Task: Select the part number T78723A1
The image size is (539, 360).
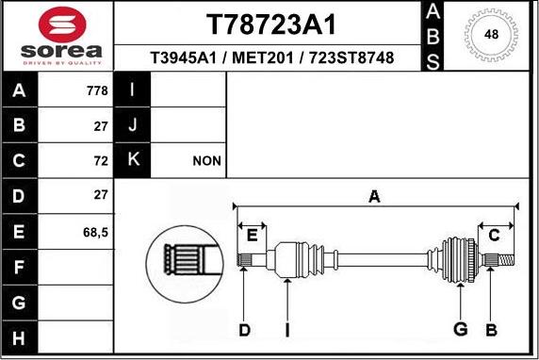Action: (x=270, y=24)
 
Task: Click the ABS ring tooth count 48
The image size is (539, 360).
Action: (x=491, y=35)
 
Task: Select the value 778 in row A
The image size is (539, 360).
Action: (x=96, y=91)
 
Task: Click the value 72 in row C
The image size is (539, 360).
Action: (x=101, y=161)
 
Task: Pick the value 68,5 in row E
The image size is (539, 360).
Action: (x=94, y=231)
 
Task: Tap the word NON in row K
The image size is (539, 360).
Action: (x=206, y=161)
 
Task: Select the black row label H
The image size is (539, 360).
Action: (x=20, y=336)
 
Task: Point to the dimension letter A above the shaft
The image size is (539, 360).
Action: (x=374, y=197)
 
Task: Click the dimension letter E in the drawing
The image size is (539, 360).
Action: (x=252, y=235)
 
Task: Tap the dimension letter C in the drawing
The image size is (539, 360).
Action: (x=493, y=235)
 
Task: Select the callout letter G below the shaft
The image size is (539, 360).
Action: (x=460, y=329)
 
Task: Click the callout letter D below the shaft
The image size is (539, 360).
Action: (x=244, y=329)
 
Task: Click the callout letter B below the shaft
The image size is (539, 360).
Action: (x=491, y=329)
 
